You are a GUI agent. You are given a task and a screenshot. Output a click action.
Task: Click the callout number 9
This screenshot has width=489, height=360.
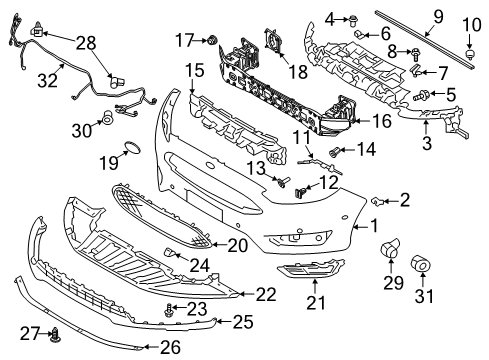click(x=437, y=15)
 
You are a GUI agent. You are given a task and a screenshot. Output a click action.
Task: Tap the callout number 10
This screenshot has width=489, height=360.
click(x=470, y=23)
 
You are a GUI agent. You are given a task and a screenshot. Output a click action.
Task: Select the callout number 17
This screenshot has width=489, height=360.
click(x=182, y=40)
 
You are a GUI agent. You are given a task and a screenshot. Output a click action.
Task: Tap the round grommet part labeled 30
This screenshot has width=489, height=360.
click(x=107, y=121)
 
